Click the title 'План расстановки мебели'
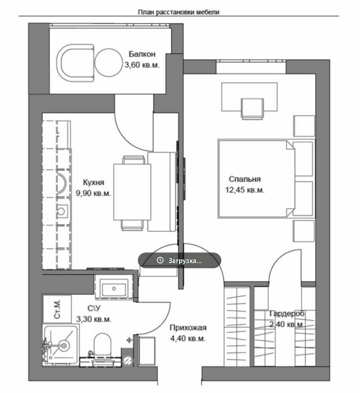[x=178, y=12]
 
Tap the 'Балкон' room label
[x=142, y=54]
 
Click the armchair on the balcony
[x=75, y=63]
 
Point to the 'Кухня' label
[x=93, y=182]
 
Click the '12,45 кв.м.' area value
[x=244, y=190]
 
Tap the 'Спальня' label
[x=244, y=179]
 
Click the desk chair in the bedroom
[x=252, y=109]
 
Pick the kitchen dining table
[x=132, y=192]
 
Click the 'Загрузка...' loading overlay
[x=179, y=260]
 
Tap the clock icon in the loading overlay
[x=160, y=260]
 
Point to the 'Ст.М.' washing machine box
[x=58, y=309]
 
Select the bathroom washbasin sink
[x=114, y=289]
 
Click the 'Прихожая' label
[x=188, y=328]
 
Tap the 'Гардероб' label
[x=287, y=313]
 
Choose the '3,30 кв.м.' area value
[x=93, y=319]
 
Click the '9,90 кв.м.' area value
[x=93, y=193]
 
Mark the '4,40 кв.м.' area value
[x=188, y=339]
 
